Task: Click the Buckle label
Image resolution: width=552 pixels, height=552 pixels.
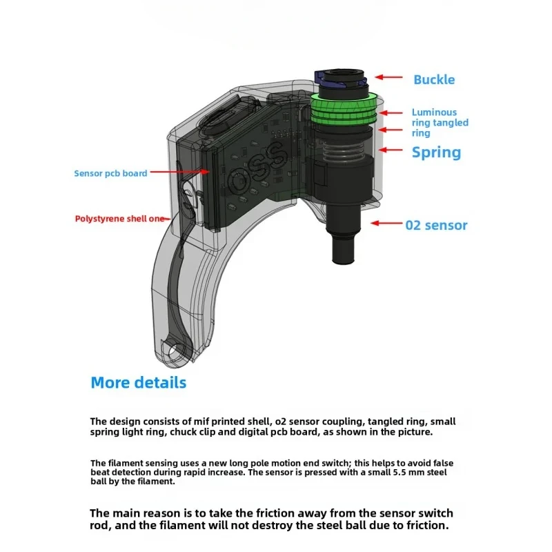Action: (434, 79)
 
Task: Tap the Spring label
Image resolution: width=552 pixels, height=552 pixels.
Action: (436, 152)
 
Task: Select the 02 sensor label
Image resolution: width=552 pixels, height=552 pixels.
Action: (436, 225)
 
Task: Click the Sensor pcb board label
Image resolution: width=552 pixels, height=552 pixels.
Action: (110, 173)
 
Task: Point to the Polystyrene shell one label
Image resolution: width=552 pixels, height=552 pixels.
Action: (121, 219)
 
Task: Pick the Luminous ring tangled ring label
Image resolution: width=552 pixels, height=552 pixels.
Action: (440, 122)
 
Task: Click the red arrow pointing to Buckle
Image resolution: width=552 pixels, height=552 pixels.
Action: (388, 79)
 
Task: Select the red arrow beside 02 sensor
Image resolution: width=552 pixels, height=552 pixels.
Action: (387, 223)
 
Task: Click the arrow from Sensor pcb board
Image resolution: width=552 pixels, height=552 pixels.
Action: (179, 172)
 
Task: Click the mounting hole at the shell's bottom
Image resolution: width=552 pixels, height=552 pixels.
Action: (176, 351)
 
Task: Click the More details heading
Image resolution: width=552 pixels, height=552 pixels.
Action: (139, 382)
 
